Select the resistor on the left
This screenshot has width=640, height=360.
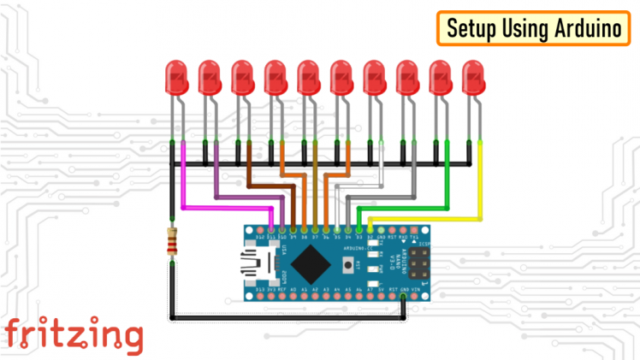point(173,245)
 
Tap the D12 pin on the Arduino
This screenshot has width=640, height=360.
point(260,229)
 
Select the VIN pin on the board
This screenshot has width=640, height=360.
point(414,296)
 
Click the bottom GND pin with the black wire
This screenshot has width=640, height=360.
point(403,296)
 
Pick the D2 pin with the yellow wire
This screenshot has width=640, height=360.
point(370,229)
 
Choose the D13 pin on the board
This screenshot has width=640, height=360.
point(260,296)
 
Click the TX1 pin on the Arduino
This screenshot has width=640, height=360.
point(414,229)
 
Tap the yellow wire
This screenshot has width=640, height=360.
point(480,184)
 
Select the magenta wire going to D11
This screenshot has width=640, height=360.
point(183,184)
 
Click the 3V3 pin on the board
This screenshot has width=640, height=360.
point(271,296)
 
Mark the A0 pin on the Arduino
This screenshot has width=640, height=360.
point(293,296)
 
